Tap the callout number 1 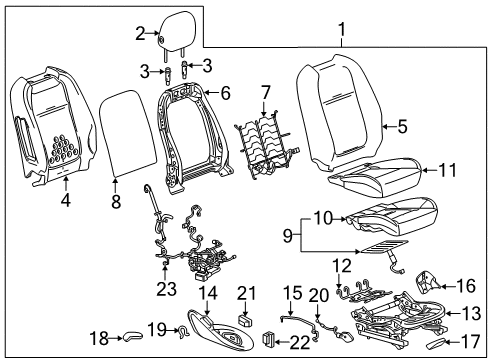pos(343,30)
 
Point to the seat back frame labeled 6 pos(191,125)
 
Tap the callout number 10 pos(322,216)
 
